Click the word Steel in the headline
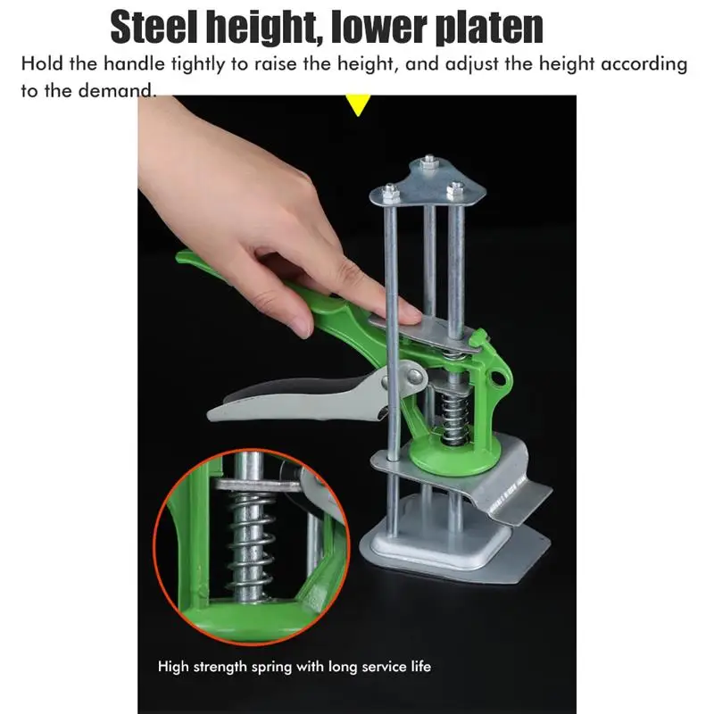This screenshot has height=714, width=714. [154, 28]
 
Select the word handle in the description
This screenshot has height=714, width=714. [134, 63]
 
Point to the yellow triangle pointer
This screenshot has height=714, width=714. [358, 104]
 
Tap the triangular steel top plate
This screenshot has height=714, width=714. [428, 184]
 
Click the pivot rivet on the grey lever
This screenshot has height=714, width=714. [414, 376]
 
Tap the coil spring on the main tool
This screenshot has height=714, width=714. [452, 419]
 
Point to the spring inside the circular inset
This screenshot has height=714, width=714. [250, 545]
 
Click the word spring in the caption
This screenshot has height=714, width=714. [271, 668]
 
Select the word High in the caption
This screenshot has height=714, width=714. [173, 667]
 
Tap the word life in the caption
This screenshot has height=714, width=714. [421, 666]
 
